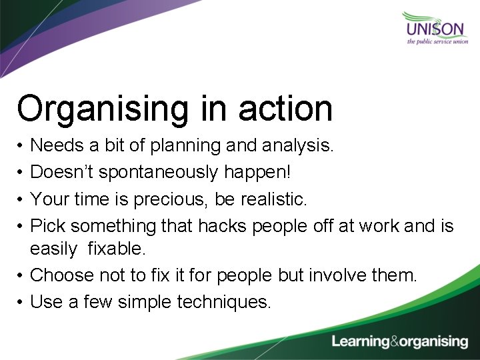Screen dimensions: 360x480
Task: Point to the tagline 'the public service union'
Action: click(x=437, y=41)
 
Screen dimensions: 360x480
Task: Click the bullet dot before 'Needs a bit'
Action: click(x=21, y=145)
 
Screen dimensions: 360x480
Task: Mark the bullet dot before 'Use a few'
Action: click(x=21, y=303)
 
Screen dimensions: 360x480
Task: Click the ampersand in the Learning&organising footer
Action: click(x=396, y=341)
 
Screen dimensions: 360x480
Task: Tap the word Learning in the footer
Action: click(x=361, y=341)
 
